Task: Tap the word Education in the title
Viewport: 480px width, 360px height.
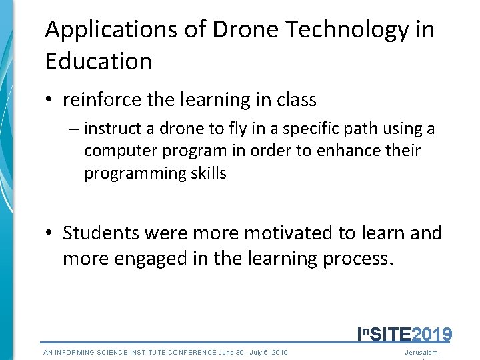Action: point(99,61)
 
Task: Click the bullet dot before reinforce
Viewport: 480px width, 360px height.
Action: point(50,101)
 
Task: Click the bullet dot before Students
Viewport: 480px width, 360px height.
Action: point(50,233)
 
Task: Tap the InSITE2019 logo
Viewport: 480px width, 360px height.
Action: point(405,333)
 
